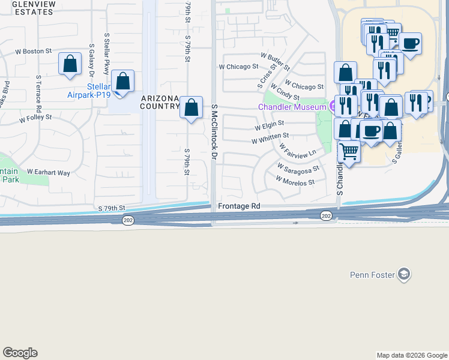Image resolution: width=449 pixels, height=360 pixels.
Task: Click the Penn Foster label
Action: (372, 275)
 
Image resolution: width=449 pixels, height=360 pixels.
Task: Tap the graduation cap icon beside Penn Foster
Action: (404, 275)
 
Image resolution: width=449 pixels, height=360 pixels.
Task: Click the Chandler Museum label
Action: (292, 107)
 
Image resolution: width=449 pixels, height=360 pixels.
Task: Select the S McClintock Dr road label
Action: (213, 131)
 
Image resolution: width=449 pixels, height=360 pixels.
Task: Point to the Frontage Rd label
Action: (239, 206)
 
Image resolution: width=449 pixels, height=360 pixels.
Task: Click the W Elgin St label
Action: (269, 127)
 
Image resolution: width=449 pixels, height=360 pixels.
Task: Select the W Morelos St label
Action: (295, 180)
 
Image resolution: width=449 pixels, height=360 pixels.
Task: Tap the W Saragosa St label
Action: (297, 167)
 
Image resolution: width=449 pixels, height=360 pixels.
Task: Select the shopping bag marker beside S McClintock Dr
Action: (191, 108)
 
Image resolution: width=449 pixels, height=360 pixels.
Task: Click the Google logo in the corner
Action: (20, 353)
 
